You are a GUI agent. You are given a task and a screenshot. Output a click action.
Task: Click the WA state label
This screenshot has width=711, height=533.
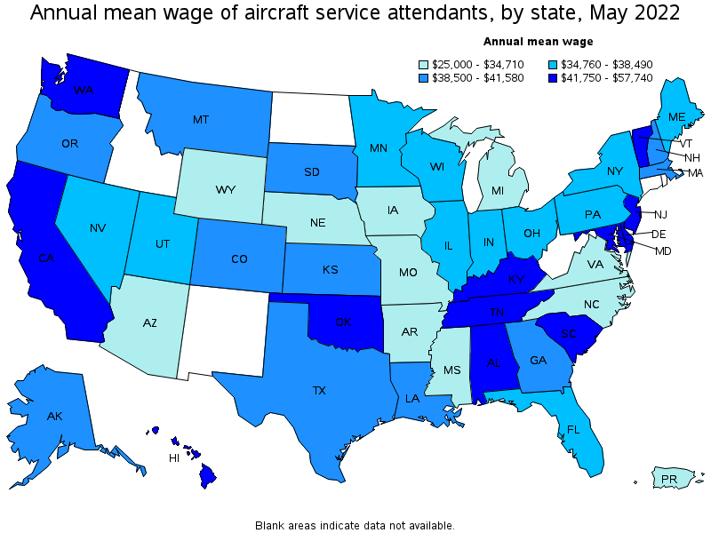[x=84, y=91]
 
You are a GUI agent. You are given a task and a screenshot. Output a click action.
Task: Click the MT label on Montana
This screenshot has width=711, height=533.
[x=200, y=119]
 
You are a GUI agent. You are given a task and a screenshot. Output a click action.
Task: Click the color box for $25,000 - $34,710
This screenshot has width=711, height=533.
[x=425, y=64]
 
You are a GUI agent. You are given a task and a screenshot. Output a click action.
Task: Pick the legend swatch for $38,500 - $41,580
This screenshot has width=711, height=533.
[x=425, y=78]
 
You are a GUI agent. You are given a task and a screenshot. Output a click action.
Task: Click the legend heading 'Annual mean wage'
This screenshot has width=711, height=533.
[x=538, y=41]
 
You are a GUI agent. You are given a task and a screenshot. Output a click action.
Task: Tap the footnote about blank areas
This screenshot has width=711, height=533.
[x=355, y=525]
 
